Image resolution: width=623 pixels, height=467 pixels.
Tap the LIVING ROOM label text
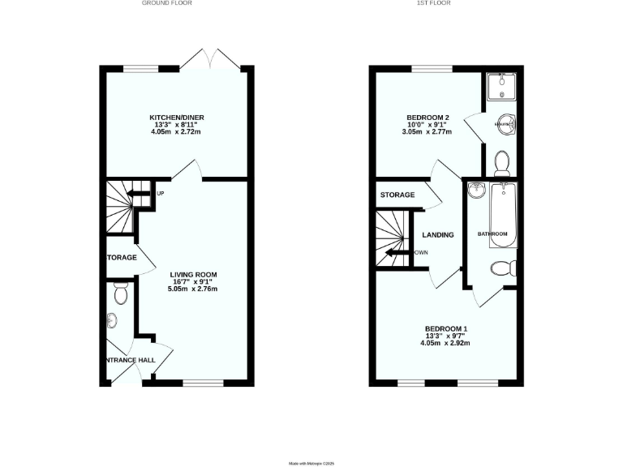(x=193, y=274)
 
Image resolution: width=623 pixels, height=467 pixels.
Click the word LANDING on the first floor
(x=438, y=235)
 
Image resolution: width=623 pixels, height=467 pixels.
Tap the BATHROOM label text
(x=492, y=234)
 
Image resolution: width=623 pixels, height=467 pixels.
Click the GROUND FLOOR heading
(x=167, y=3)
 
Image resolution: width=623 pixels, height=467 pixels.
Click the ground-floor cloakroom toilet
(x=121, y=294)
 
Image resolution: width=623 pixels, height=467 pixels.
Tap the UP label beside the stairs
(x=161, y=193)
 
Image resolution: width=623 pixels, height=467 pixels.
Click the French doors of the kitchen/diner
(x=209, y=60)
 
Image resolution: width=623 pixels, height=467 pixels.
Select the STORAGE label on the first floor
(x=397, y=195)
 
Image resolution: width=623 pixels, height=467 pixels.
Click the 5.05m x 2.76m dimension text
(x=193, y=289)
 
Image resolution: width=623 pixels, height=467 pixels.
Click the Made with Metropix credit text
(x=311, y=463)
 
